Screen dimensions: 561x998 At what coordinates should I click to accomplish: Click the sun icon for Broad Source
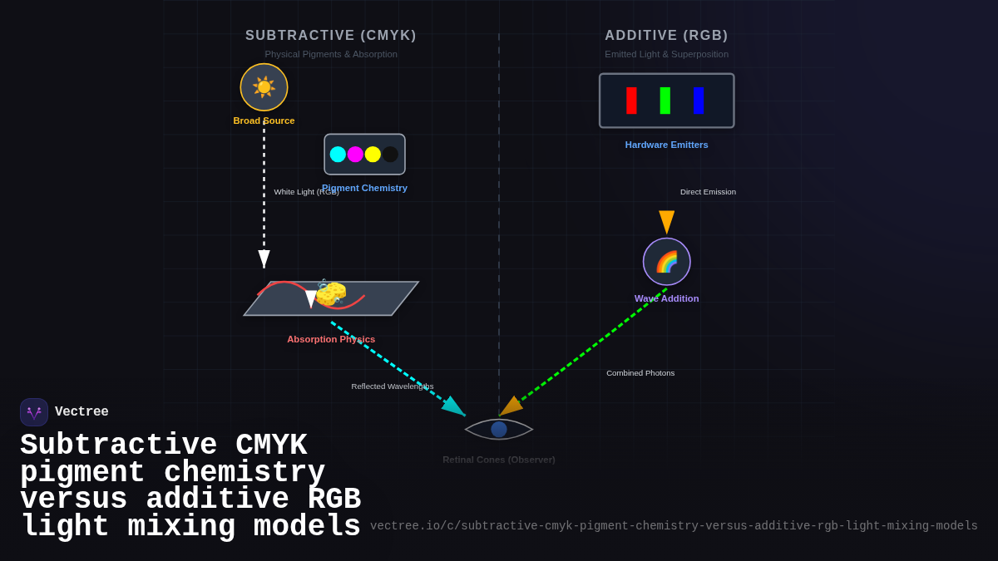point(264,87)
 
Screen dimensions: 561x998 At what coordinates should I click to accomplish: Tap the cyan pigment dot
point(338,155)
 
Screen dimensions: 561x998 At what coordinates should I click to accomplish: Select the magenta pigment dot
point(355,155)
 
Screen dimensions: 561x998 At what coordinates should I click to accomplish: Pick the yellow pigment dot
point(373,155)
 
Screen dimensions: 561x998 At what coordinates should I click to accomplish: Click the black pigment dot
point(390,155)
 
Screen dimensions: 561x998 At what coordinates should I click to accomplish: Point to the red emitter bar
point(631,101)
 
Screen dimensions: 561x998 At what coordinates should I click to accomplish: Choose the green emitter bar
point(665,101)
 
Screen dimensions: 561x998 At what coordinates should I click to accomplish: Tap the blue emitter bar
point(699,101)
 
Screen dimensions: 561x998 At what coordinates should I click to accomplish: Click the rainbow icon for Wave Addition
point(667,262)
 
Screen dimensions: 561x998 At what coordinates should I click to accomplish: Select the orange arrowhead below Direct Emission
point(667,222)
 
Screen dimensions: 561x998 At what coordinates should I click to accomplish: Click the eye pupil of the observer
point(499,430)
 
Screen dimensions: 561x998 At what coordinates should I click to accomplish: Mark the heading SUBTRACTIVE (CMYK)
point(331,36)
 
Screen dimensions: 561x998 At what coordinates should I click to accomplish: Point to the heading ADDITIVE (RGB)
point(666,36)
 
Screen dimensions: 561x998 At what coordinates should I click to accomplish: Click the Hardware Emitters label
point(666,145)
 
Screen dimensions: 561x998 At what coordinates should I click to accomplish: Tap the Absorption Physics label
point(331,339)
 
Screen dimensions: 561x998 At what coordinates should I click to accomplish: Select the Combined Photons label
point(640,373)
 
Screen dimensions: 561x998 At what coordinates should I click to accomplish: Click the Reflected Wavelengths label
point(393,386)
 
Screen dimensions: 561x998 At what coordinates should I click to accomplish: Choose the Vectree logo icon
point(34,412)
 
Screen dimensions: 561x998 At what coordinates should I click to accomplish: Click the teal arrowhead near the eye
point(454,407)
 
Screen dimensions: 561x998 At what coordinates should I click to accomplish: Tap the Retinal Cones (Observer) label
point(499,460)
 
